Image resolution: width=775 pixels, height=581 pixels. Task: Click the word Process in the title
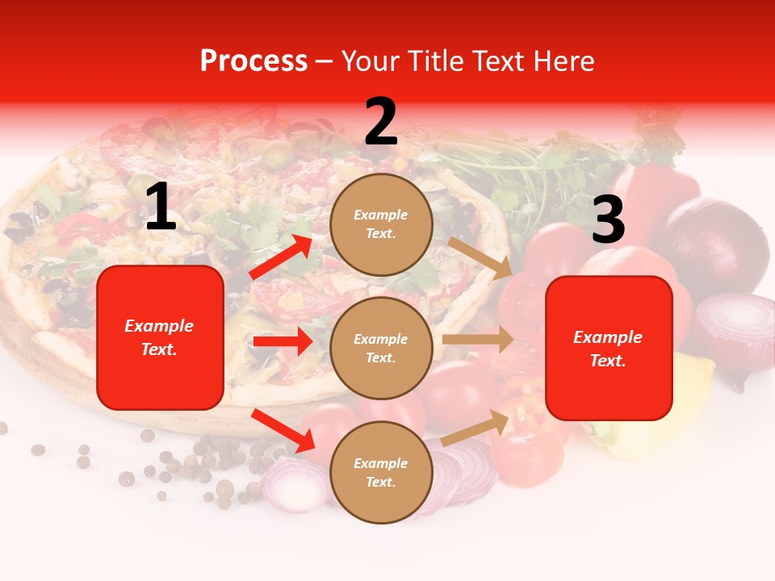tap(253, 61)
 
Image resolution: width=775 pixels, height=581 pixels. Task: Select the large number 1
tap(161, 207)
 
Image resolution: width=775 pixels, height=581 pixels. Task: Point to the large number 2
tap(381, 122)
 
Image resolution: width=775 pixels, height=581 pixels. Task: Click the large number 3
tap(608, 220)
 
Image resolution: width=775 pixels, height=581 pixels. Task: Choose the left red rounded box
tap(160, 337)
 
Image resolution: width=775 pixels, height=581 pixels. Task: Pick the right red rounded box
tap(609, 348)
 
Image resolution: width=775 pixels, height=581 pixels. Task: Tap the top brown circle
tap(381, 224)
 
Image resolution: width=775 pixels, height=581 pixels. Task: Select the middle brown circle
tap(381, 348)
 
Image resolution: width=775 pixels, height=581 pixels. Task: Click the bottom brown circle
tap(381, 472)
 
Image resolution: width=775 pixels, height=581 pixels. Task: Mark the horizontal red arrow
tap(283, 341)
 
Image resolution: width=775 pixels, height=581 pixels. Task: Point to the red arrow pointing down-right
tap(283, 430)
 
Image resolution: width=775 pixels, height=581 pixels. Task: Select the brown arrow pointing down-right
tap(480, 257)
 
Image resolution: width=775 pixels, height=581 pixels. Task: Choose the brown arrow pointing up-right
tap(476, 426)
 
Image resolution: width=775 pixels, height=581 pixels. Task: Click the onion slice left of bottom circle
tap(294, 484)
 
